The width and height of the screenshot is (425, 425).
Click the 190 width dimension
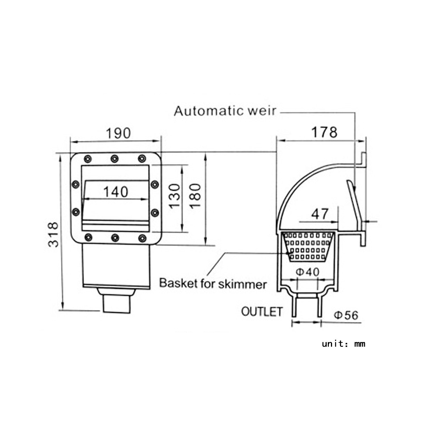118,133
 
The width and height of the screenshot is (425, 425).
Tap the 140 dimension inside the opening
116,192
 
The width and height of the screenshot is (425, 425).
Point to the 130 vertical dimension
175,195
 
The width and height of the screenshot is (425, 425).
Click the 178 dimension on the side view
324,132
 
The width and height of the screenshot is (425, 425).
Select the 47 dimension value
320,214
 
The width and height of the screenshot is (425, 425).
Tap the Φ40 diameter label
308,272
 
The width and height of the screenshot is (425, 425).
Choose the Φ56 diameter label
346,315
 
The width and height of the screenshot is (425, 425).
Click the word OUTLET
262,312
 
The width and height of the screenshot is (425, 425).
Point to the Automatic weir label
225,111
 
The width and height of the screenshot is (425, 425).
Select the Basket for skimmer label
213,283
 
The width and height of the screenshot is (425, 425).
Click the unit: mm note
343,344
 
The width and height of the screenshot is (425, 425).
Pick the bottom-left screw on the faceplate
88,237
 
